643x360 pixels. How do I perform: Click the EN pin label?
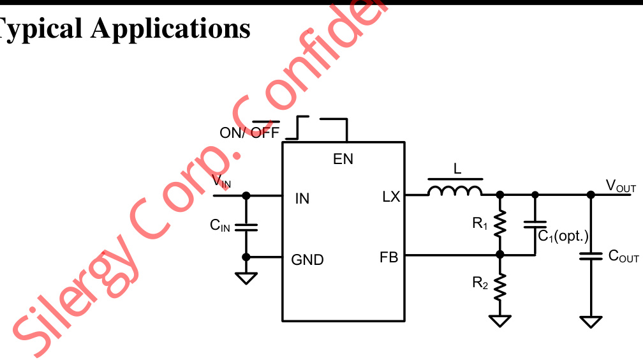(x=343, y=159)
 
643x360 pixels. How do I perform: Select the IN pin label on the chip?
(x=302, y=199)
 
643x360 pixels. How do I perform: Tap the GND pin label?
(x=307, y=260)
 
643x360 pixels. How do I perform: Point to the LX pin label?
(x=390, y=197)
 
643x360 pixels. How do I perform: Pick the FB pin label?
(x=388, y=258)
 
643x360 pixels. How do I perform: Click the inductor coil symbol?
(x=455, y=190)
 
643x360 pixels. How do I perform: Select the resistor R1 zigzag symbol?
(x=500, y=223)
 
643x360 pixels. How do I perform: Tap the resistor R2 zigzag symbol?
(x=500, y=284)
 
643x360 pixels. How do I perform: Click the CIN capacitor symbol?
(x=246, y=226)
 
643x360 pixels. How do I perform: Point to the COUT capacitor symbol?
(x=591, y=257)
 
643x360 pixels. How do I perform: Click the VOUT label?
(x=621, y=186)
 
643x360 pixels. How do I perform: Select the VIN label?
(x=222, y=181)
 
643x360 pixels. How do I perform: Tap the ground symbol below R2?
(x=500, y=320)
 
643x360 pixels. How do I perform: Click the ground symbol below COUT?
(x=591, y=321)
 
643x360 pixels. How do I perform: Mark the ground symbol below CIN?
(x=246, y=278)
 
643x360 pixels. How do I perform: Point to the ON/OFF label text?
(x=249, y=132)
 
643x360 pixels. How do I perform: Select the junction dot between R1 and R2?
(x=500, y=255)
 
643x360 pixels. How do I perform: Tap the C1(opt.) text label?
(x=563, y=237)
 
